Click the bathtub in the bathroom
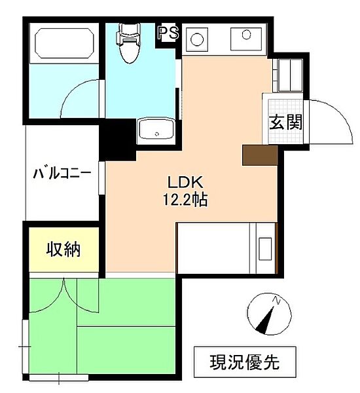pyautogui.click(x=63, y=44)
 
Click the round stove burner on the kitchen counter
pyautogui.click(x=197, y=39)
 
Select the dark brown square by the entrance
pyautogui.click(x=260, y=155)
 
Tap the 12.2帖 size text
pyautogui.click(x=185, y=201)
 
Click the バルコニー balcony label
pyautogui.click(x=62, y=174)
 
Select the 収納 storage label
pyautogui.click(x=63, y=250)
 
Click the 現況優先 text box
pyautogui.click(x=245, y=362)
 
